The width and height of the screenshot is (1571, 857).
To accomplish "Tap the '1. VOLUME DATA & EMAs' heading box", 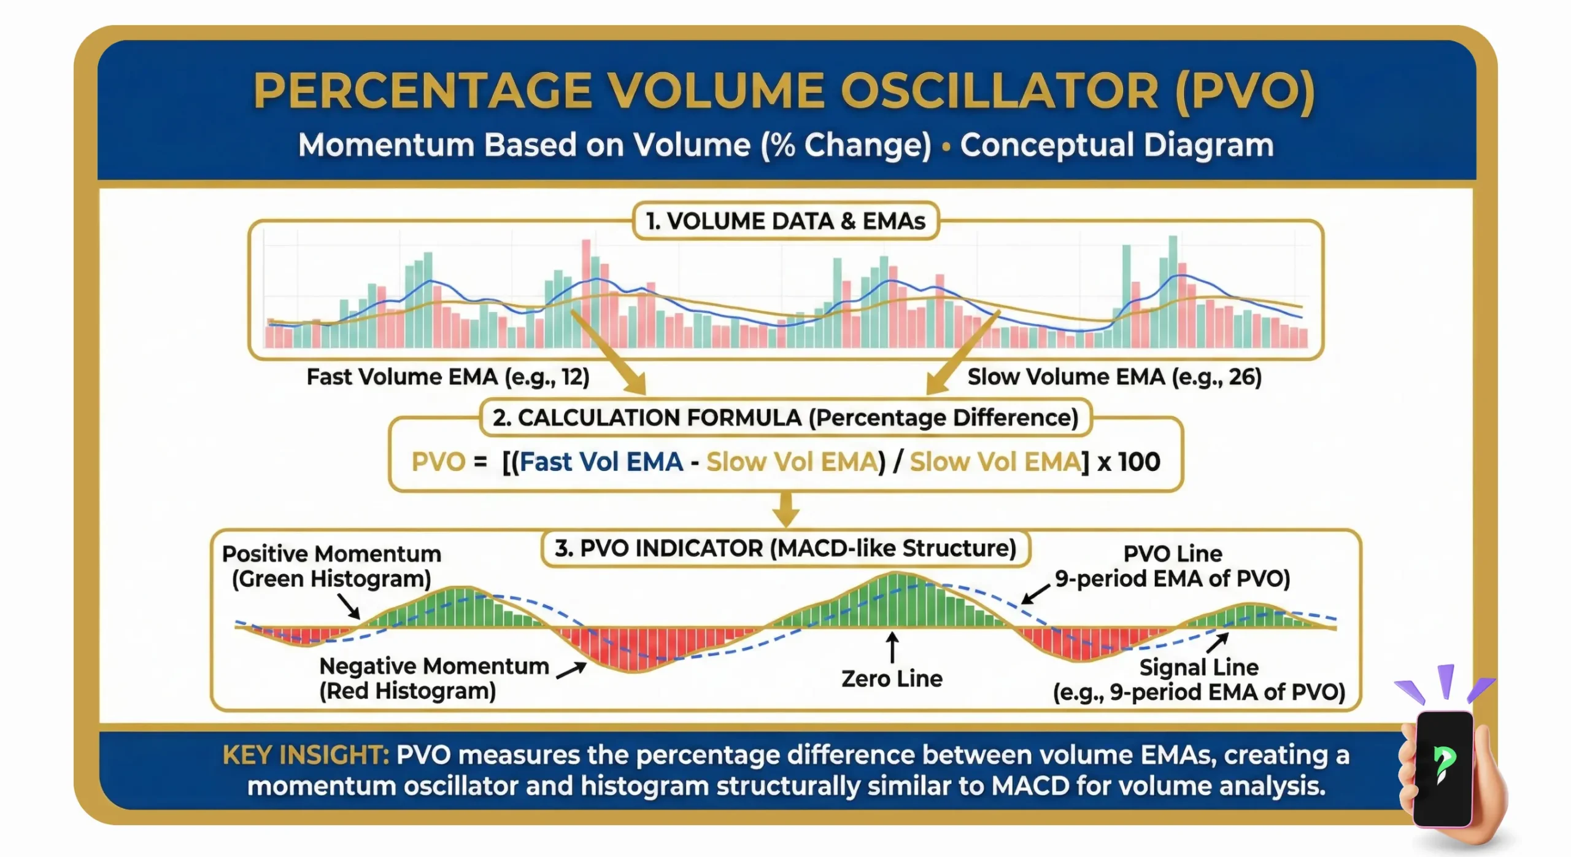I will click(x=785, y=221).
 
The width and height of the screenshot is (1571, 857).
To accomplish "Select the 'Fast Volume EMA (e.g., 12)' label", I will click(x=447, y=377).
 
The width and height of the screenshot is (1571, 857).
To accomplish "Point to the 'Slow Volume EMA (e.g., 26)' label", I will click(x=1114, y=377).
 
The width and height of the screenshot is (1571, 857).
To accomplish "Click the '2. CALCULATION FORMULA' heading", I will click(x=785, y=418).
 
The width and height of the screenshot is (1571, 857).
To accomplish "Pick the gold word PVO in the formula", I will click(x=438, y=462).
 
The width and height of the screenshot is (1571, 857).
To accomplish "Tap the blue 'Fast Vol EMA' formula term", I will click(x=601, y=462).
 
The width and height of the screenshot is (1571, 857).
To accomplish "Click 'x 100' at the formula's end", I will click(x=1129, y=462).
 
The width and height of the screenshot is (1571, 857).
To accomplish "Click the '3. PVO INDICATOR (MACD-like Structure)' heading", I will click(x=785, y=548).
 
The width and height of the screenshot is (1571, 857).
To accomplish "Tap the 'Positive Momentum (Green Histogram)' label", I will click(x=331, y=566).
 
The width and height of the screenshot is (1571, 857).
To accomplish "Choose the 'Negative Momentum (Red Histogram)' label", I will click(x=433, y=678).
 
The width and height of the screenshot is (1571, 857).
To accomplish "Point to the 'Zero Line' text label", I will click(x=891, y=679).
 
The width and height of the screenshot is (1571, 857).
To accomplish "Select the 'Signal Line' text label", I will click(x=1199, y=667).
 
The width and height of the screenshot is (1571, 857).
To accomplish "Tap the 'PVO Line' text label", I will click(x=1172, y=554).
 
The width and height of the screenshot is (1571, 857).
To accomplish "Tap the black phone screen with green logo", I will click(x=1443, y=767).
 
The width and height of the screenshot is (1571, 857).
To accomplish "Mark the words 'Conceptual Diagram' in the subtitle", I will click(x=1116, y=145).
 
